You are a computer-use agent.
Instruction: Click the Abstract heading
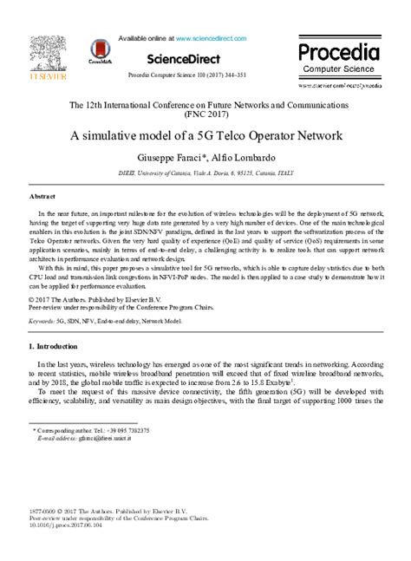(x=42, y=198)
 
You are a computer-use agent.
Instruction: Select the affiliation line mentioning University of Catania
(x=205, y=173)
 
